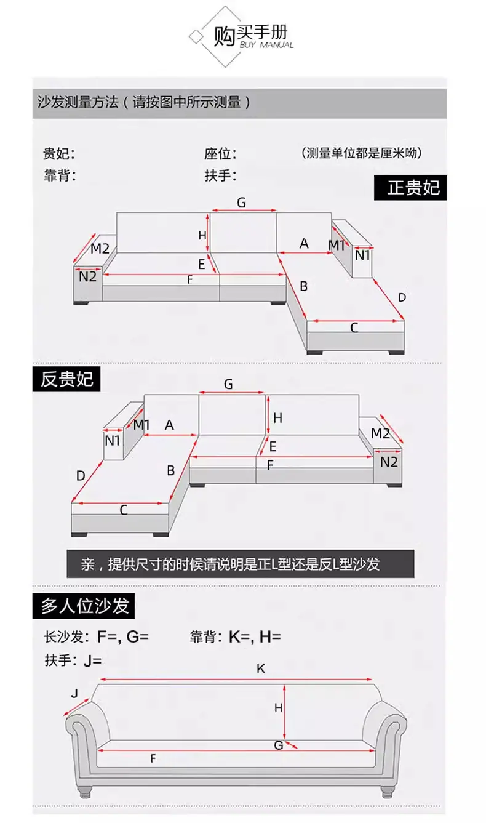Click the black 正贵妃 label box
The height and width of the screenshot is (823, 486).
[x=410, y=188]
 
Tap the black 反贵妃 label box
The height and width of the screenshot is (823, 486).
[x=66, y=379]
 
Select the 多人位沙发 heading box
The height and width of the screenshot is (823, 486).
[x=84, y=606]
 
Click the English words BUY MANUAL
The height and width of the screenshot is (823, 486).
[x=266, y=45]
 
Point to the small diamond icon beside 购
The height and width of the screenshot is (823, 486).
[x=196, y=37]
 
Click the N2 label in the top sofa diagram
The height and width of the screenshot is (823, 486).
[x=87, y=276]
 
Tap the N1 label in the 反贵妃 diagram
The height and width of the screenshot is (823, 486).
[x=113, y=441]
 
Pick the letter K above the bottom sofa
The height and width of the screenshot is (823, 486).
[x=261, y=668]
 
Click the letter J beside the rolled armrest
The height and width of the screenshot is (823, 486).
[x=74, y=694]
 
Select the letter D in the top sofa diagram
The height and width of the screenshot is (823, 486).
[x=402, y=297]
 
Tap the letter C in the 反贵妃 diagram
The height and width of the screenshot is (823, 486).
[x=123, y=510]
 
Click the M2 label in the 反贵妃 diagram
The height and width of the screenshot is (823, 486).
[x=380, y=433]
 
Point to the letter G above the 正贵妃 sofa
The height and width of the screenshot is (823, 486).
[x=241, y=203]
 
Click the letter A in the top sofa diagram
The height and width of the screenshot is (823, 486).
[x=304, y=244]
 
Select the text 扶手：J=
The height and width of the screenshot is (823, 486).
[x=73, y=660]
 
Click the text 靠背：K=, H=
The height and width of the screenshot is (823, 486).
[x=235, y=636]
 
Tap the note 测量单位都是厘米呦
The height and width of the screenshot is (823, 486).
[x=362, y=153]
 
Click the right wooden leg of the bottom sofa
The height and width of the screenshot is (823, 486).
[x=387, y=792]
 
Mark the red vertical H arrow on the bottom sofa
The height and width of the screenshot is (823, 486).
[x=284, y=712]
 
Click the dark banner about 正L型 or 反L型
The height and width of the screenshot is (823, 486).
[x=241, y=564]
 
